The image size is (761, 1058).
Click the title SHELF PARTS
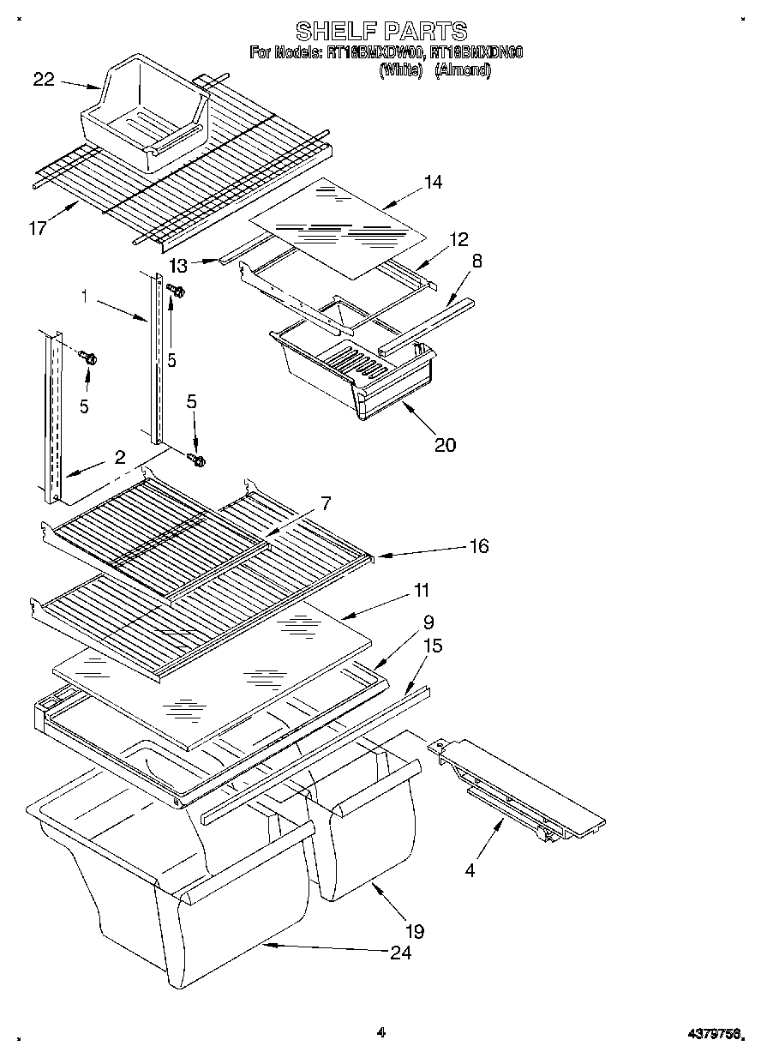pyautogui.click(x=381, y=32)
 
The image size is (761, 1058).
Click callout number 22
pyautogui.click(x=44, y=80)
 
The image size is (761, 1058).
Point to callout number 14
pyautogui.click(x=433, y=182)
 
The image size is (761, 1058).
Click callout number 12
pyautogui.click(x=458, y=239)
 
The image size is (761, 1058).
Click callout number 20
pyautogui.click(x=445, y=443)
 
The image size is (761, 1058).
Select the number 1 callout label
pyautogui.click(x=85, y=297)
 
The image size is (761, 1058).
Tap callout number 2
pyautogui.click(x=121, y=456)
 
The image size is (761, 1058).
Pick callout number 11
pyautogui.click(x=421, y=590)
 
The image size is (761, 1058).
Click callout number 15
pyautogui.click(x=433, y=645)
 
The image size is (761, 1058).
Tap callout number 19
pyautogui.click(x=414, y=930)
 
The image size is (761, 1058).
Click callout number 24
pyautogui.click(x=399, y=953)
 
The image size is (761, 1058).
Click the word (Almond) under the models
pyautogui.click(x=463, y=71)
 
